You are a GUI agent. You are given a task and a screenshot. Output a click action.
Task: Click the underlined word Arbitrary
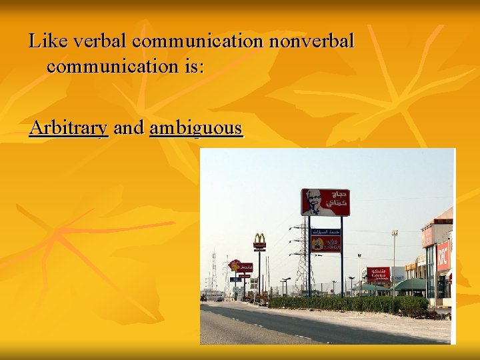click(x=69, y=127)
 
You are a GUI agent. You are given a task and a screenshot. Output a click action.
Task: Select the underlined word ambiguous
click(x=196, y=127)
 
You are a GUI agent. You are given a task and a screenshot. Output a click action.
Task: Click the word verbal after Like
click(x=101, y=41)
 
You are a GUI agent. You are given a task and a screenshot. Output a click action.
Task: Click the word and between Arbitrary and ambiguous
click(x=129, y=127)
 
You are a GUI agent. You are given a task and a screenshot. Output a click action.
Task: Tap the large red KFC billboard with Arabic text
click(x=325, y=202)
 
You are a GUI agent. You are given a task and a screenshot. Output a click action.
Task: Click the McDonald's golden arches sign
click(x=259, y=240)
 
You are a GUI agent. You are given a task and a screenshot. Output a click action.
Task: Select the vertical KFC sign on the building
click(x=443, y=256)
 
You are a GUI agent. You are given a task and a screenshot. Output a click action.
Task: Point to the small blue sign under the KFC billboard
click(x=325, y=231)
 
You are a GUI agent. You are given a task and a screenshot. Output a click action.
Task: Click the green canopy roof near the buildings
click(x=409, y=285)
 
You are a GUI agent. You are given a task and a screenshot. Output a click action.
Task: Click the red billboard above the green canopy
click(x=378, y=273)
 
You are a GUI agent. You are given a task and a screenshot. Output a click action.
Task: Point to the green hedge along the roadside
click(x=347, y=305)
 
